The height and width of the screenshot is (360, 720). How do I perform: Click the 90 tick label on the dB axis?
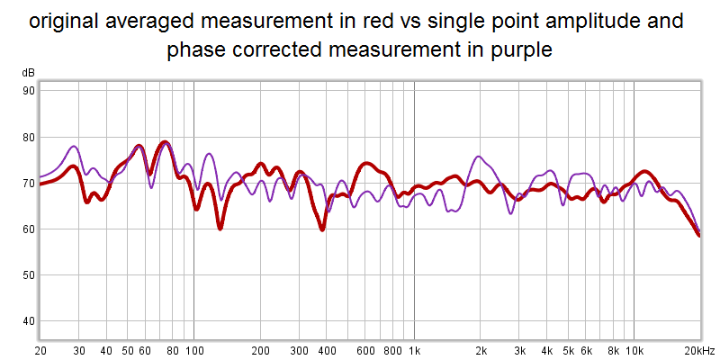pyautogui.click(x=29, y=91)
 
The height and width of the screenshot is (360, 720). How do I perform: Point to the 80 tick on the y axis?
pyautogui.click(x=29, y=137)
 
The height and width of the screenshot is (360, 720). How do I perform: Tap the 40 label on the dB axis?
pyautogui.click(x=29, y=320)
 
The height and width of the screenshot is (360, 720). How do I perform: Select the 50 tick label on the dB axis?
pyautogui.click(x=29, y=274)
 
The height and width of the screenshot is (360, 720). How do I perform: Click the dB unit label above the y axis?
pyautogui.click(x=28, y=73)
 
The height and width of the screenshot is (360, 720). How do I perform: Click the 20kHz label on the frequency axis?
pyautogui.click(x=697, y=350)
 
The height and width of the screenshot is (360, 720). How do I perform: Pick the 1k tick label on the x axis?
pyautogui.click(x=414, y=350)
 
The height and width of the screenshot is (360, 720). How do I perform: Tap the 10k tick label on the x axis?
pyautogui.click(x=634, y=350)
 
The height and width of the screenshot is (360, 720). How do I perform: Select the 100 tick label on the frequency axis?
pyautogui.click(x=193, y=350)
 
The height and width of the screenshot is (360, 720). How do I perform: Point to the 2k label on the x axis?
pyautogui.click(x=481, y=350)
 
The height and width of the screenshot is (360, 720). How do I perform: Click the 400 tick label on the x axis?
pyautogui.click(x=327, y=350)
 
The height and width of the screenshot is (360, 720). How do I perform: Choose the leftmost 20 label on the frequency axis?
pyautogui.click(x=40, y=350)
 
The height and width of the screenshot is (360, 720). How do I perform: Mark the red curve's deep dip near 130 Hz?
pyautogui.click(x=220, y=229)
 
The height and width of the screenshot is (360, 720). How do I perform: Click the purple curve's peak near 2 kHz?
pyautogui.click(x=478, y=157)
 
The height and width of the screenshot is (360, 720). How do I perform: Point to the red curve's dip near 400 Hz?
pyautogui.click(x=321, y=229)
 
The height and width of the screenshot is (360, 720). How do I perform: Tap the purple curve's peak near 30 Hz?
pyautogui.click(x=74, y=146)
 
